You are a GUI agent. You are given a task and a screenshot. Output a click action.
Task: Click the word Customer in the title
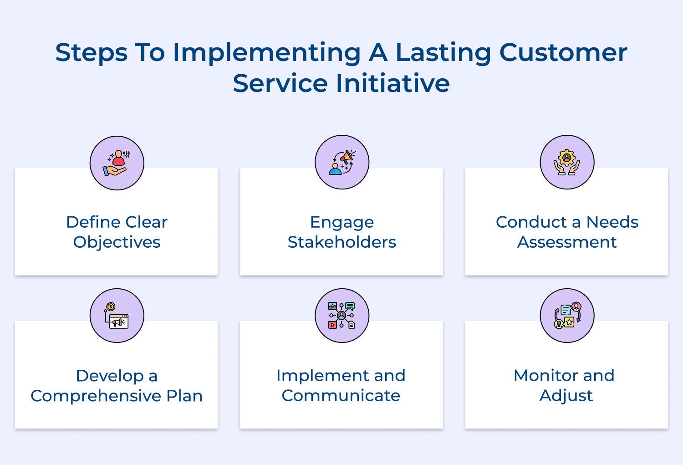563,52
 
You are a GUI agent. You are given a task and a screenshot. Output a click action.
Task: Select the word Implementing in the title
267,53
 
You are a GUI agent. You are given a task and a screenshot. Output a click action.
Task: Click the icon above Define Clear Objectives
117,163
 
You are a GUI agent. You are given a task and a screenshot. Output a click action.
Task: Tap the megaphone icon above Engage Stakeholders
342,162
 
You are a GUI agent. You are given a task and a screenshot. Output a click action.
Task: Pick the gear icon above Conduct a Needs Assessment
567,162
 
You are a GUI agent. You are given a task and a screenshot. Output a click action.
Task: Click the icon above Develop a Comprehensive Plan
117,316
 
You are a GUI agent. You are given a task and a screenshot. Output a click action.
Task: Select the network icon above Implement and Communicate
342,316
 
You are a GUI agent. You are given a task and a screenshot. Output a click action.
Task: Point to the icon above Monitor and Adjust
567,316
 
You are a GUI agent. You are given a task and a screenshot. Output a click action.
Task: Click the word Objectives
117,242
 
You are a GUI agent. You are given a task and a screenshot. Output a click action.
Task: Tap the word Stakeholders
342,242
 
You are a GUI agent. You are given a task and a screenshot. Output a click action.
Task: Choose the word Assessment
567,242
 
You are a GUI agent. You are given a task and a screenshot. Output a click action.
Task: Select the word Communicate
341,395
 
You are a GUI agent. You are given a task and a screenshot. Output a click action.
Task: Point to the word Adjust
566,395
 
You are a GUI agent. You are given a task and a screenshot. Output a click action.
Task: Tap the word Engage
342,222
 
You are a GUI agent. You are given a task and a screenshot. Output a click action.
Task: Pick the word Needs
612,222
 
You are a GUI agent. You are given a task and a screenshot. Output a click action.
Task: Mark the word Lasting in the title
443,53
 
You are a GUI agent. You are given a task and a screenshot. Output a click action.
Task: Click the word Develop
110,376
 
